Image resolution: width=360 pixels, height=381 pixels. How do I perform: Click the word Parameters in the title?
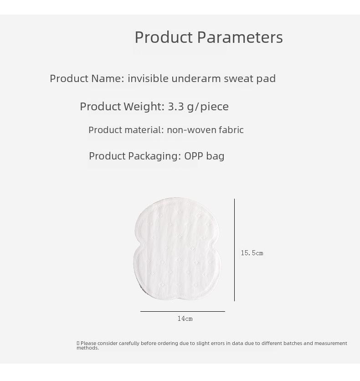point(240,37)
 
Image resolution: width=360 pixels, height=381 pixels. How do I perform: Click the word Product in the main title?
point(164,37)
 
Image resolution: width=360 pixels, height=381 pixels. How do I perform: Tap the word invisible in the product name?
point(148,78)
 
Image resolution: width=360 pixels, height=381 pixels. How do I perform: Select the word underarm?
point(196,78)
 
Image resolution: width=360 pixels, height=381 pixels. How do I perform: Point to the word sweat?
point(238,79)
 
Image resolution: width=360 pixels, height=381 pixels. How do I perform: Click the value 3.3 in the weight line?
point(176,107)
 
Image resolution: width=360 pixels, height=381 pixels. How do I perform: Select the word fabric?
point(231,130)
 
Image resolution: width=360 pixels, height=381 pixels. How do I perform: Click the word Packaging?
point(154,156)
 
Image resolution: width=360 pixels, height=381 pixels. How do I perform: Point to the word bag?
point(215,156)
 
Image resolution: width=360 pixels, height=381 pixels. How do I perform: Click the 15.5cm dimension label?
point(252,253)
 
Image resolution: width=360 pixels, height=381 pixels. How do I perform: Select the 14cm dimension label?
point(185,319)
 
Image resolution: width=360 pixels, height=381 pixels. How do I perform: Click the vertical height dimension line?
point(234,250)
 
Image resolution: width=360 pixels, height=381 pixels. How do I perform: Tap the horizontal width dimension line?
point(183,311)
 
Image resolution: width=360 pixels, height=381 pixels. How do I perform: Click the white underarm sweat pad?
point(177,248)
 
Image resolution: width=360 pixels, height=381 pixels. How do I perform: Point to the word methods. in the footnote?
point(87,348)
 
